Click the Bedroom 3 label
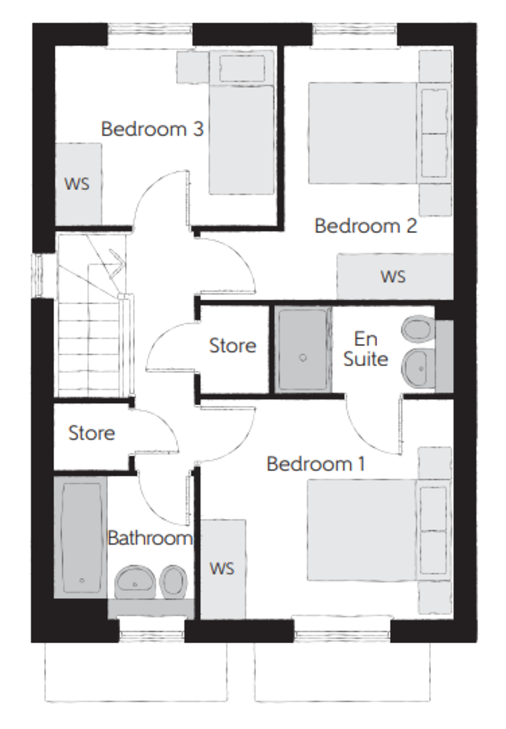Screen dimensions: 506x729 (x=152, y=129)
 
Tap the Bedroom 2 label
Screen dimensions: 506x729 (x=366, y=225)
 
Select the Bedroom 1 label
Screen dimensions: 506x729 (x=316, y=464)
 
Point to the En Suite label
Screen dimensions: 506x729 (x=366, y=349)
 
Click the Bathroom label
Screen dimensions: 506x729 (x=150, y=538)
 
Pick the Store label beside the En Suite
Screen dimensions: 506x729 (x=232, y=345)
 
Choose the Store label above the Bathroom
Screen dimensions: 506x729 (x=92, y=433)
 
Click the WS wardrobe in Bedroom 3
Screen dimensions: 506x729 (x=78, y=184)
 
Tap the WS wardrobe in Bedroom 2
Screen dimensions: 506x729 (x=395, y=276)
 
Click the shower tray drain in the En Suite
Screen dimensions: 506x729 (x=303, y=358)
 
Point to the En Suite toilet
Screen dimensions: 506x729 (x=418, y=329)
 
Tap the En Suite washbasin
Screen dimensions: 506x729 (x=418, y=368)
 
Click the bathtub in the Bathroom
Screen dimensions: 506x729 (x=80, y=537)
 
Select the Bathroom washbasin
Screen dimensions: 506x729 (x=135, y=582)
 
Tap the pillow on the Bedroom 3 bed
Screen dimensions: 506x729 (x=242, y=68)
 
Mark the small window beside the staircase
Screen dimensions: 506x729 (x=39, y=275)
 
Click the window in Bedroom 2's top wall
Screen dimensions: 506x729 (x=355, y=30)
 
